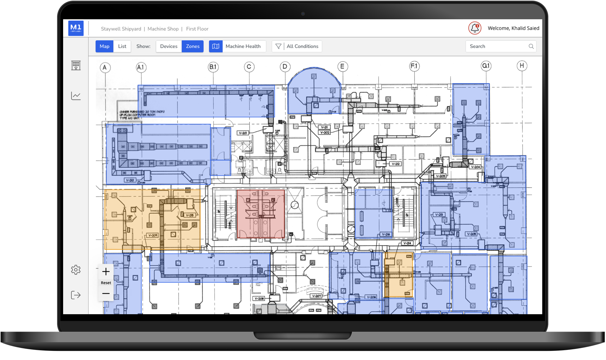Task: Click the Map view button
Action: pyautogui.click(x=104, y=46)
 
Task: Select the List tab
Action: pyautogui.click(x=122, y=46)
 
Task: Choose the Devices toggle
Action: pyautogui.click(x=169, y=46)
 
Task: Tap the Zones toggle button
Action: pyautogui.click(x=193, y=46)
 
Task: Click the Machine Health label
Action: pyautogui.click(x=243, y=46)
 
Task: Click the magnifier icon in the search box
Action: pyautogui.click(x=531, y=46)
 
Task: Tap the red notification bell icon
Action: pyautogui.click(x=475, y=28)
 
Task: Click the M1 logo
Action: pyautogui.click(x=76, y=28)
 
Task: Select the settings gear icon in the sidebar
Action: pyautogui.click(x=76, y=270)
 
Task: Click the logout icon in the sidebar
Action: pyautogui.click(x=76, y=295)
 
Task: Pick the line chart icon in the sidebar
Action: pyautogui.click(x=76, y=96)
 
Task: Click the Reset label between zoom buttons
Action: pyautogui.click(x=106, y=283)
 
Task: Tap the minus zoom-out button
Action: pyautogui.click(x=106, y=294)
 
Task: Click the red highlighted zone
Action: pyautogui.click(x=261, y=214)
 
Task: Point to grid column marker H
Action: pyautogui.click(x=522, y=66)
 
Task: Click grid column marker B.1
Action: pyautogui.click(x=213, y=67)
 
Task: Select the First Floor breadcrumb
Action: pyautogui.click(x=197, y=29)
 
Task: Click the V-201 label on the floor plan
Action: pyautogui.click(x=243, y=133)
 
